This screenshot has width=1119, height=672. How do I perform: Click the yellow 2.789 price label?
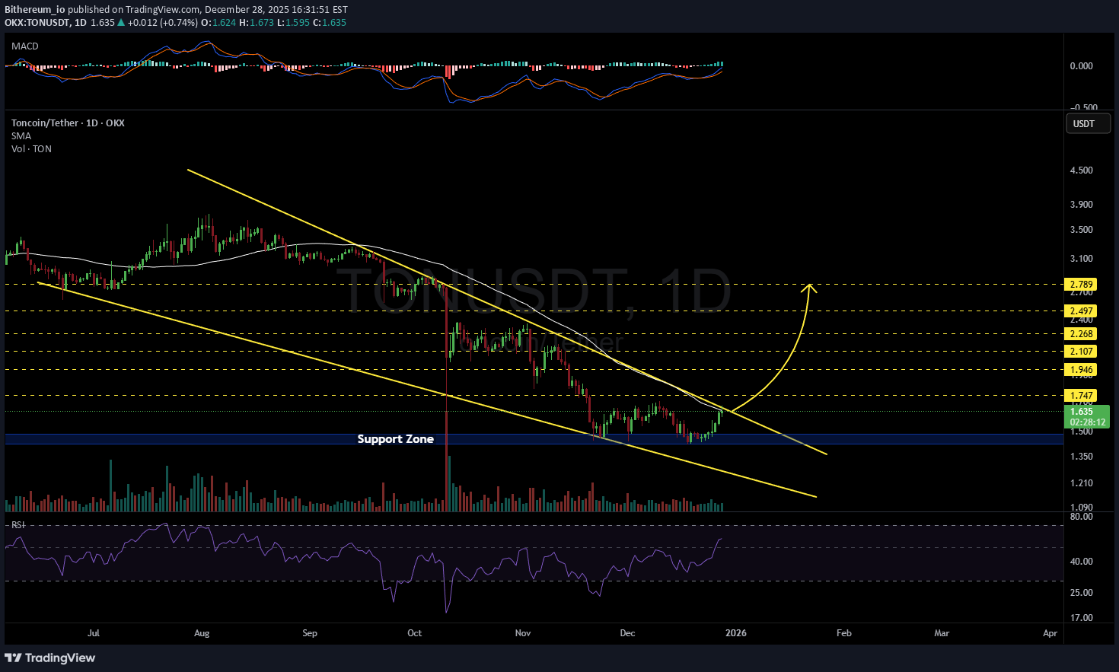[x=1081, y=285]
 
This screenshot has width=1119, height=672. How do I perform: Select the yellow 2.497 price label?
[x=1081, y=311]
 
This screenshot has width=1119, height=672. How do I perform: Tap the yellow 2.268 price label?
[x=1081, y=334]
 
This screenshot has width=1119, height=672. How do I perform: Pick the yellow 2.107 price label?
[x=1081, y=352]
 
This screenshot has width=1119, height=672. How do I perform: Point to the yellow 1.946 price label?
[x=1081, y=370]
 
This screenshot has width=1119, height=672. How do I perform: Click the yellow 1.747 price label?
[x=1081, y=396]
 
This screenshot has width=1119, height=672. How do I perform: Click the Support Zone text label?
[x=395, y=439]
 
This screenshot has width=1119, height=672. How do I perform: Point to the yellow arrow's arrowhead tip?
[x=810, y=285]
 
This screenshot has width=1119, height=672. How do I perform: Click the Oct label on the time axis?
[x=414, y=633]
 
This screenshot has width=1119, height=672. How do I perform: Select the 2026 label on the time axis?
[x=735, y=633]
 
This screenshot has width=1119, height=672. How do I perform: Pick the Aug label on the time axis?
[x=202, y=633]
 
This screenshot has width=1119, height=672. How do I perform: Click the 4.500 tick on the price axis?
[x=1081, y=170]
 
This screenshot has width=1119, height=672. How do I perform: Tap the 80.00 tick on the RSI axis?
[x=1081, y=517]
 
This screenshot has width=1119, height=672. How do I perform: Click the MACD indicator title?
[x=25, y=46]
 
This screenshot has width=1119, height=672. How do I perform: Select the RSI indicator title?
[x=18, y=525]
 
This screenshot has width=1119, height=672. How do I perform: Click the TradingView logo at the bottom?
[x=50, y=658]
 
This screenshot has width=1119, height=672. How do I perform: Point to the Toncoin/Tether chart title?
[x=68, y=123]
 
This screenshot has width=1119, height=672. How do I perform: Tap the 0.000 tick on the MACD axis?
[x=1081, y=66]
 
